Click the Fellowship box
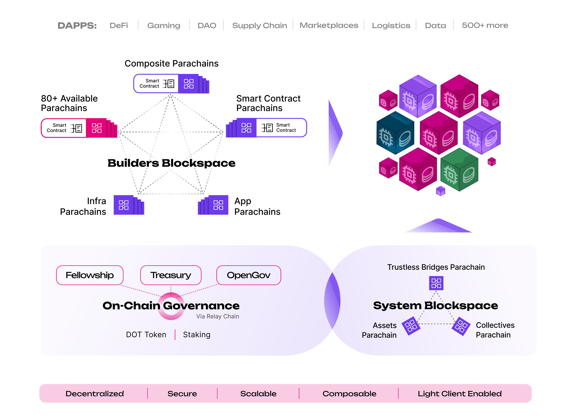[x=90, y=275]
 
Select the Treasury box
[x=171, y=275]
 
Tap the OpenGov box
[x=248, y=275]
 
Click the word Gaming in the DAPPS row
[x=164, y=25]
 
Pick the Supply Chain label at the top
[x=259, y=25]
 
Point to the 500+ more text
[x=485, y=25]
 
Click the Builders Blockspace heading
[x=172, y=163]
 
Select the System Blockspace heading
[x=435, y=305]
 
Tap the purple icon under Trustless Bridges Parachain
[x=436, y=283]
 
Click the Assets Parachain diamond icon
[x=411, y=326]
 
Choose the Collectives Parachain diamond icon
[x=461, y=326]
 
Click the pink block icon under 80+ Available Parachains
[x=96, y=128]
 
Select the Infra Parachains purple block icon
[x=124, y=205]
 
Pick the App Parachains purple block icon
[x=218, y=205]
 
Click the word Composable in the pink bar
[x=349, y=394]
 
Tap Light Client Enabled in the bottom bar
[x=459, y=394]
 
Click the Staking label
[x=197, y=335]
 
